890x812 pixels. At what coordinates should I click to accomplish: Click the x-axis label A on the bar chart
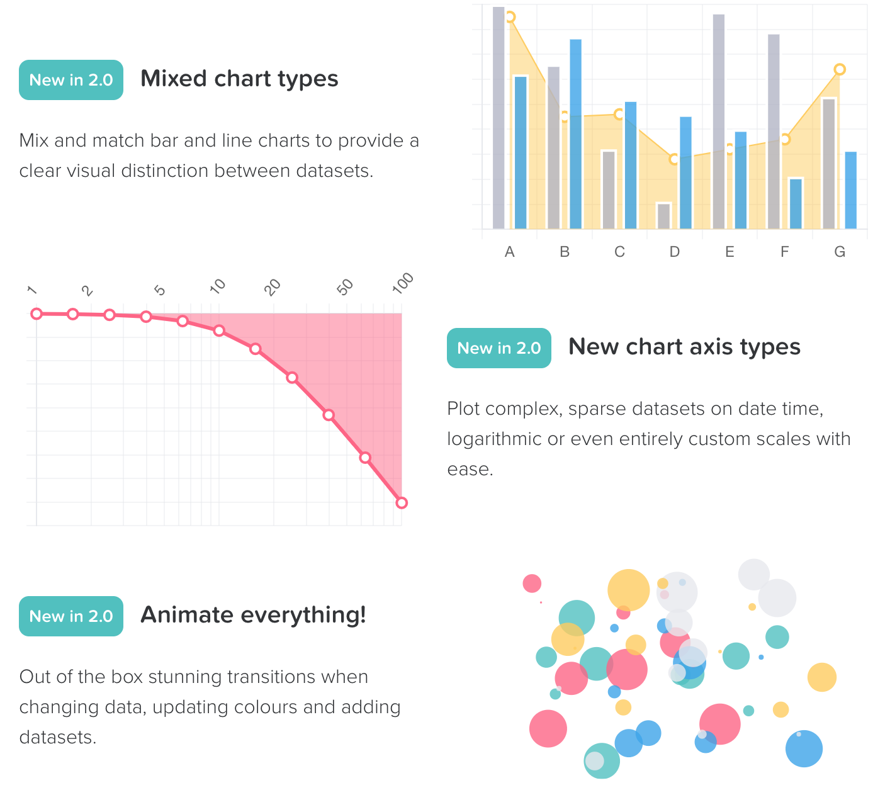pyautogui.click(x=510, y=252)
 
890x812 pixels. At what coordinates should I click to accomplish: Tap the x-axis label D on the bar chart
pyautogui.click(x=675, y=252)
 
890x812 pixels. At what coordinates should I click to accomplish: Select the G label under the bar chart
pyautogui.click(x=840, y=252)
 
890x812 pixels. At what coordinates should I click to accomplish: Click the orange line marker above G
pyautogui.click(x=840, y=69)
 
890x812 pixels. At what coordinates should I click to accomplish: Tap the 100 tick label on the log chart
pyautogui.click(x=403, y=283)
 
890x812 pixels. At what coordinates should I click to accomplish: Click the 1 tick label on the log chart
pyautogui.click(x=33, y=290)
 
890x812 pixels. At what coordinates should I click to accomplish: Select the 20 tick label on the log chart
pyautogui.click(x=273, y=288)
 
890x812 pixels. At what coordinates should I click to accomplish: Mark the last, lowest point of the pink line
pyautogui.click(x=402, y=502)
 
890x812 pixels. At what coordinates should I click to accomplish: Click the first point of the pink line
pyautogui.click(x=37, y=313)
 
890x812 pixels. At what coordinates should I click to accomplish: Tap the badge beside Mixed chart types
pyautogui.click(x=71, y=80)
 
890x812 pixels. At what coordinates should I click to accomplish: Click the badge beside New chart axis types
pyautogui.click(x=499, y=348)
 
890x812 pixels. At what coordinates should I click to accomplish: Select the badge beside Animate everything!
pyautogui.click(x=71, y=616)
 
